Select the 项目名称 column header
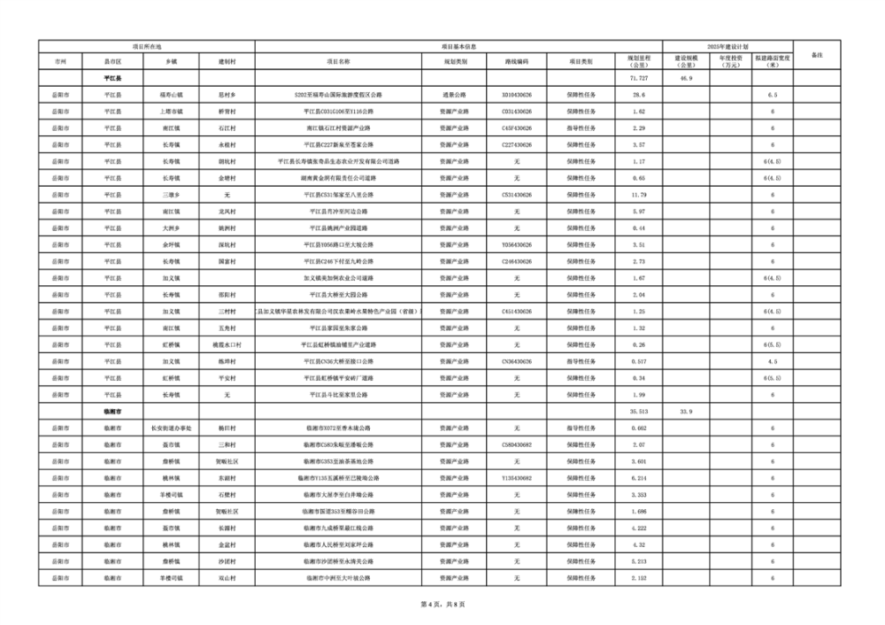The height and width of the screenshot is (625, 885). pos(338,63)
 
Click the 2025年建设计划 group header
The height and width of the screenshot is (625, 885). pos(727,45)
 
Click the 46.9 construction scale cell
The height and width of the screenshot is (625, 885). pos(685,78)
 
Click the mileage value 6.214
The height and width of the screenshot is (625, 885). pos(639,479)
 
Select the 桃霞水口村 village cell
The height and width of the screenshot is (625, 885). pos(227,345)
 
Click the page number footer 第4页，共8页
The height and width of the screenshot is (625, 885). pos(442,605)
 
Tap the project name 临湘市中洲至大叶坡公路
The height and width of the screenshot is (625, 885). pos(338,579)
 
